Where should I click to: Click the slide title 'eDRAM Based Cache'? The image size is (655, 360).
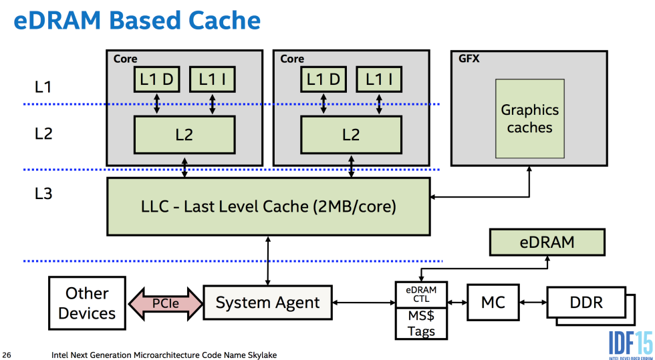tap(137, 21)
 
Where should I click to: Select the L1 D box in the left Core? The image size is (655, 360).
tap(156, 79)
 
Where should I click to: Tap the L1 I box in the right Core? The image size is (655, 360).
tap(378, 79)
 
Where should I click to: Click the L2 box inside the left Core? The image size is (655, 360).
tap(184, 134)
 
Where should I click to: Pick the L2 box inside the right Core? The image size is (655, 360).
tap(351, 134)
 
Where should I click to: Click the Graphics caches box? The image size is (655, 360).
tap(529, 118)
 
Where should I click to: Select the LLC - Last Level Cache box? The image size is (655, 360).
tap(269, 206)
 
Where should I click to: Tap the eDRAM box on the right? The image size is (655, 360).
tap(547, 242)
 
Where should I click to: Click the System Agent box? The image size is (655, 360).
tap(267, 303)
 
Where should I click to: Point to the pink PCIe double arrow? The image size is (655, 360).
tap(164, 303)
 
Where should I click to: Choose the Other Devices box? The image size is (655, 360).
tap(87, 303)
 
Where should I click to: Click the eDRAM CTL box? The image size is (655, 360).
tap(422, 294)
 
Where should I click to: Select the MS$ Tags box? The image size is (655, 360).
tap(422, 323)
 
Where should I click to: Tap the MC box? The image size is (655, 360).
tap(493, 303)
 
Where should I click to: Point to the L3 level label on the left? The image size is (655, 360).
tap(43, 194)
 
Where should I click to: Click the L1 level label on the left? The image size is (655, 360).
tap(43, 86)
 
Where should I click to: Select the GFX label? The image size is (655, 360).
tap(469, 59)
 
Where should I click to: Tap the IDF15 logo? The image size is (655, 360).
tap(630, 342)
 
